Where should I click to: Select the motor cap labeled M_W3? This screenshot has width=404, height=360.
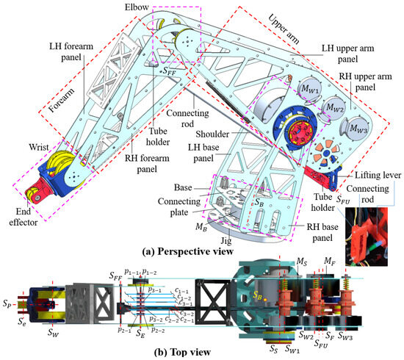tap(358, 129)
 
